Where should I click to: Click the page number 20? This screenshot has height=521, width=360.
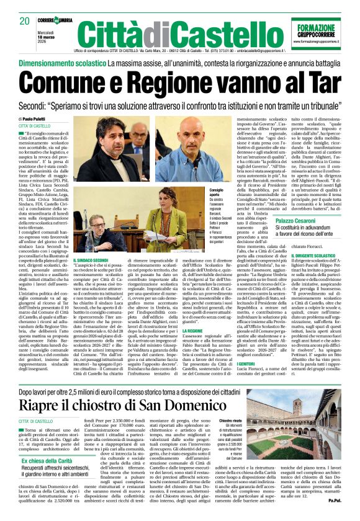24,20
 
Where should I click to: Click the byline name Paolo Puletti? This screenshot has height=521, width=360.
39,119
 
